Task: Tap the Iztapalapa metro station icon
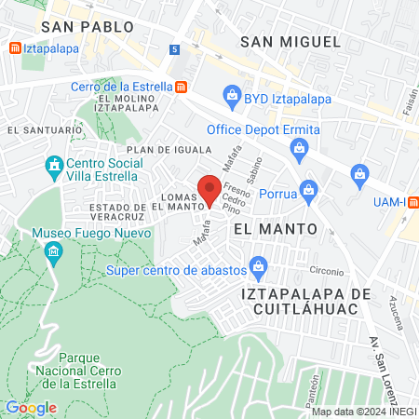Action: [13, 47]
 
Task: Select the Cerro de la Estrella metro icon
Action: [181, 87]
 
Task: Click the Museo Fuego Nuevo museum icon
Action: [54, 251]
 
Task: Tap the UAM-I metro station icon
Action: [412, 202]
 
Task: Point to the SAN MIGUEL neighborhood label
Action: [291, 41]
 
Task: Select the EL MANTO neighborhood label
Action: [275, 228]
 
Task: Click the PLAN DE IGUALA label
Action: [164, 149]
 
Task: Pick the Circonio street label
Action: [327, 271]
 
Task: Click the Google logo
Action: [31, 407]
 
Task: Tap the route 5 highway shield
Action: [175, 48]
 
